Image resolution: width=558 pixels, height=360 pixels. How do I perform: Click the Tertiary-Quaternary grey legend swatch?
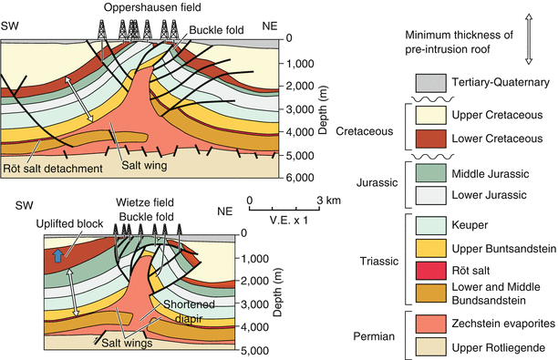coord(434,82)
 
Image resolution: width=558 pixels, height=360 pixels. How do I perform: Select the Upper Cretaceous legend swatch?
coord(434,115)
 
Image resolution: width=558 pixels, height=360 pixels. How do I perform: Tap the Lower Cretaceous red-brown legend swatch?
coord(434,139)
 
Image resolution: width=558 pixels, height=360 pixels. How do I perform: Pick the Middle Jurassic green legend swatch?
coord(434,171)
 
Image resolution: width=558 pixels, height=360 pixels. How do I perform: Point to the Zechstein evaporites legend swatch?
coord(434,324)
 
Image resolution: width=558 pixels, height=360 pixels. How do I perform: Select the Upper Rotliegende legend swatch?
coord(434,347)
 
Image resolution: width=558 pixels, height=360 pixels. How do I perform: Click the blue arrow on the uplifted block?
coord(59,257)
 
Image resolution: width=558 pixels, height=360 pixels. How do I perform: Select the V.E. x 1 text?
coord(289,219)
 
